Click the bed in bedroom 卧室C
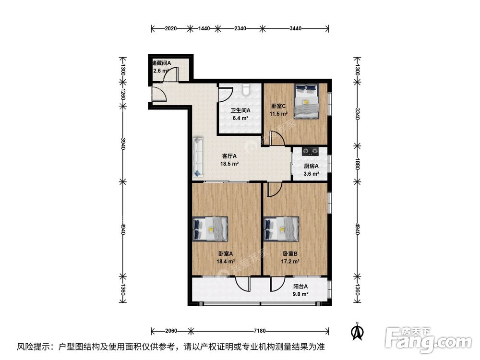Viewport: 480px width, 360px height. click(306, 101)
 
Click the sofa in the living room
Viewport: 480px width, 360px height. click(198, 156)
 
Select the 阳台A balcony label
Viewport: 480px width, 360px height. click(301, 287)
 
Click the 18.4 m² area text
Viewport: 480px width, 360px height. click(225, 262)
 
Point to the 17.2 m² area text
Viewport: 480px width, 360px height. click(290, 262)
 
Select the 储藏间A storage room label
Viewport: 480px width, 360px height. click(162, 63)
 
